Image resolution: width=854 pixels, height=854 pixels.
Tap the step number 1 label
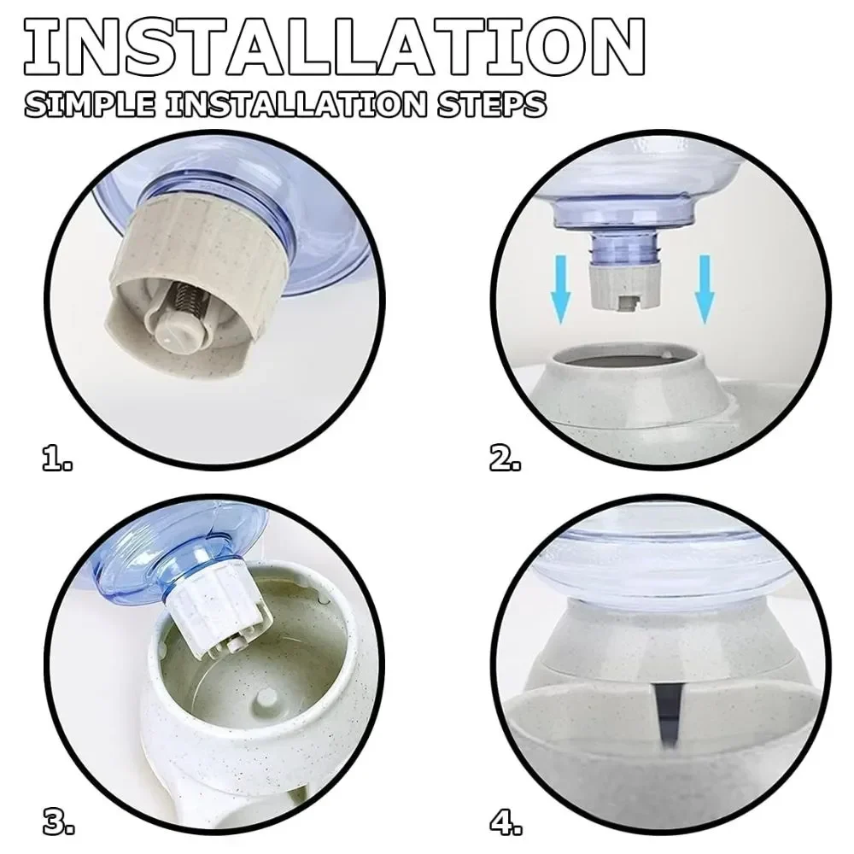(56, 458)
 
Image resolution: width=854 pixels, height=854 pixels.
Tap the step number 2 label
(505, 458)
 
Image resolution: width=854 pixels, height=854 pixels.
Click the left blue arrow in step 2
(561, 289)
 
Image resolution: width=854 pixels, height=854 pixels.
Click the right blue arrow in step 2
(705, 289)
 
